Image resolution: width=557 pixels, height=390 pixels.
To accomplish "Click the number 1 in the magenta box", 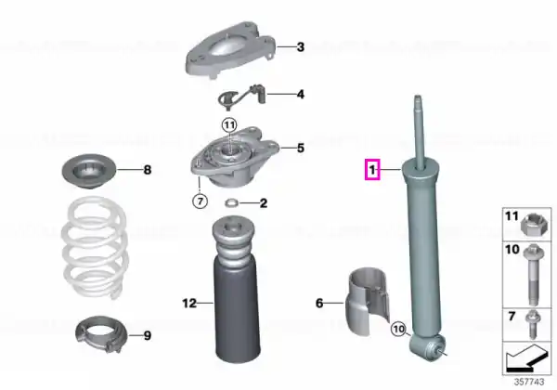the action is coord(372,170).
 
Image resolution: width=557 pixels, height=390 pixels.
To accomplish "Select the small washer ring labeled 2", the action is coord(231,203).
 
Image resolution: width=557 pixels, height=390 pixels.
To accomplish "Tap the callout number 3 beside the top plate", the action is coord(301,46).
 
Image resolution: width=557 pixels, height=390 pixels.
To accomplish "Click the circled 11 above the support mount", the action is coord(229,125).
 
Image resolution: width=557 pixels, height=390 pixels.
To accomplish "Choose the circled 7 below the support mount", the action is coord(200,201).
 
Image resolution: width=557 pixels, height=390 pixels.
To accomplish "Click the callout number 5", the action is coord(301,148).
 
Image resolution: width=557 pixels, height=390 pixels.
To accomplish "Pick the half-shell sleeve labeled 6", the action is coord(368,302).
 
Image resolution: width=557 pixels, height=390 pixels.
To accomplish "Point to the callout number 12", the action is coord(189,303).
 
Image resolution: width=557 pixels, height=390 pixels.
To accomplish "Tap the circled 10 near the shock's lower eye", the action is coord(398,329).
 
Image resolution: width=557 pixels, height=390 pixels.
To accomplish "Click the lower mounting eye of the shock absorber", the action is coord(428,347).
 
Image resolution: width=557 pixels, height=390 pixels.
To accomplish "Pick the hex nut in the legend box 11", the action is coord(531,226).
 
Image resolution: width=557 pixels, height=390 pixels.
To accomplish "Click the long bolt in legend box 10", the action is coord(533,274).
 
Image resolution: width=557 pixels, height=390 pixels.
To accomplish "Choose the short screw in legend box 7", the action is coord(533,324).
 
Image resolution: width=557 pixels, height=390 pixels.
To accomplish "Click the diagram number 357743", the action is coord(529,382).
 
